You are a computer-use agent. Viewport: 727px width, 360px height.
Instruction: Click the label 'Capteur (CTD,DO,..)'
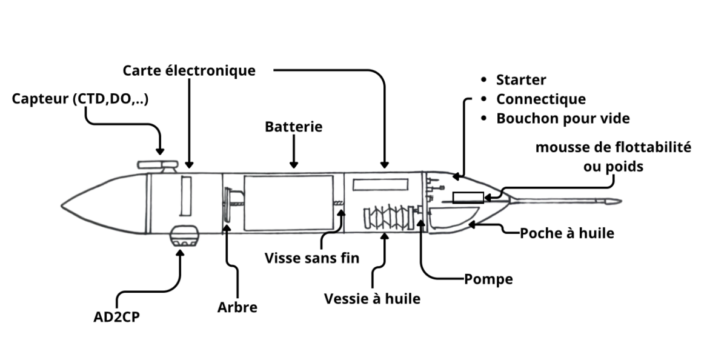point(81,99)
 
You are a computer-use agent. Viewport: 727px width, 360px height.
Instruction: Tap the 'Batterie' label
point(294,127)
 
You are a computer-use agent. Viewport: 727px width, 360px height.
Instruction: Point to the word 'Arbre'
point(237,307)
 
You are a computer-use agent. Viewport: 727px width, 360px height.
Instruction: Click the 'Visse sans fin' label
point(312,258)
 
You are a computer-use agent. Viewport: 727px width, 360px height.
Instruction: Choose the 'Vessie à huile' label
point(372,299)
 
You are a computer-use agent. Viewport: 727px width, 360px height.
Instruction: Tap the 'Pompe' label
point(488,279)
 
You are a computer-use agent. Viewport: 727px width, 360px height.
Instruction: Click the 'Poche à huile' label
point(566,233)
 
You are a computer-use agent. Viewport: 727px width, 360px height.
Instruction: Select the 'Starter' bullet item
point(521,80)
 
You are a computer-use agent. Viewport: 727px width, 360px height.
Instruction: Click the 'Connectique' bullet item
point(540,99)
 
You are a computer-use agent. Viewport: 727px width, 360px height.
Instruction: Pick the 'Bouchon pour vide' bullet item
point(563,118)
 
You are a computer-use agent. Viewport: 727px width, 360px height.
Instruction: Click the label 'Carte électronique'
point(189,70)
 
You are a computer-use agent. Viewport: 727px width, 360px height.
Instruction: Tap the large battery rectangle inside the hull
point(289,202)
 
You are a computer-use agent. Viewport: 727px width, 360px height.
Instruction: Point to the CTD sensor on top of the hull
point(157,165)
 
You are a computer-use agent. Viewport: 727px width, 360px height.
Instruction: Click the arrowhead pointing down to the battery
point(294,164)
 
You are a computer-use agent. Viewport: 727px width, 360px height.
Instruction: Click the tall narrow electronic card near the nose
point(186,195)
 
